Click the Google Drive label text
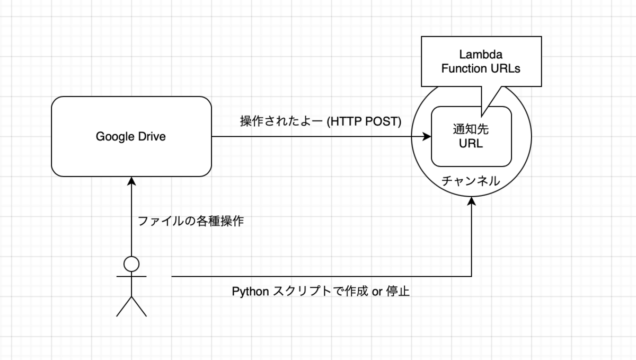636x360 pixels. tap(130, 137)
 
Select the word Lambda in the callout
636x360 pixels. tap(481, 54)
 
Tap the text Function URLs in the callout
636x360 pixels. tap(481, 68)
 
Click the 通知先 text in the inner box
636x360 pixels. tap(471, 129)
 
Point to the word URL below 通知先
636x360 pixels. tap(471, 143)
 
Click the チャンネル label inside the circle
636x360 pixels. tap(471, 181)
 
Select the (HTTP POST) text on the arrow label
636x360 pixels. tap(364, 121)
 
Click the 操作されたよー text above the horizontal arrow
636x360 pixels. tap(281, 121)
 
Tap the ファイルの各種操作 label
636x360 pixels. tap(191, 221)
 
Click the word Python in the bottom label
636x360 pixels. tap(250, 292)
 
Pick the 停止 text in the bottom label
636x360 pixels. tap(398, 292)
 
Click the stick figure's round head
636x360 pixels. tap(131, 264)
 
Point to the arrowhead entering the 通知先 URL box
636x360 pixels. tap(427, 137)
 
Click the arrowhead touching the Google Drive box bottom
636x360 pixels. tap(131, 181)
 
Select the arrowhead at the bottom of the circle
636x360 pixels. tap(471, 201)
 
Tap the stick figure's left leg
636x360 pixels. tap(124, 306)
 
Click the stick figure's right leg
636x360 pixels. tap(139, 306)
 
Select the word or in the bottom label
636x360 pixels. tap(377, 292)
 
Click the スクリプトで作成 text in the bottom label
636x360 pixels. tap(320, 292)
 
